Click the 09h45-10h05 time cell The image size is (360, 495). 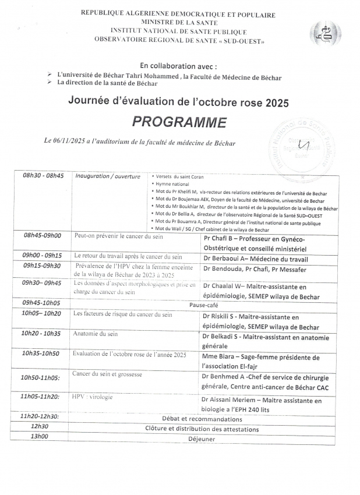[41, 303]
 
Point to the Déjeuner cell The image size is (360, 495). [202, 439]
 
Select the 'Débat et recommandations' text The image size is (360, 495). [202, 418]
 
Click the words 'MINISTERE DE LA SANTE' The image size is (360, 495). [178, 22]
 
